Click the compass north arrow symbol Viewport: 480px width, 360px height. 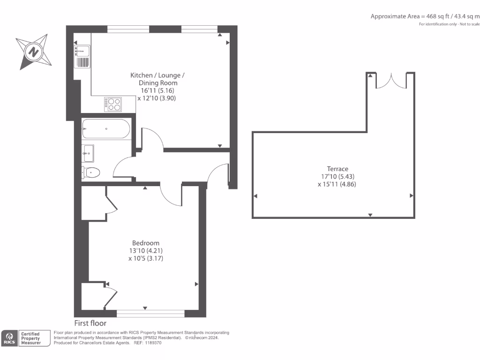pyautogui.click(x=33, y=51)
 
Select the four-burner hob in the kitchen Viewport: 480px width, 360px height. pyautogui.click(x=113, y=104)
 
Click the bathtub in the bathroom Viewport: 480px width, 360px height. pyautogui.click(x=105, y=129)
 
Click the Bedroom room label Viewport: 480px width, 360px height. pyautogui.click(x=145, y=243)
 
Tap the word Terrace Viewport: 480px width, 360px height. pyautogui.click(x=337, y=169)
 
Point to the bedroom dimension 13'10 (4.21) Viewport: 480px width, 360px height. pyautogui.click(x=145, y=251)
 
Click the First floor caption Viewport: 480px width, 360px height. pyautogui.click(x=90, y=323)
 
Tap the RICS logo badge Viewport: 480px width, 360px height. pyautogui.click(x=9, y=338)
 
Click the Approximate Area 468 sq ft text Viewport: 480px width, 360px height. pyautogui.click(x=425, y=16)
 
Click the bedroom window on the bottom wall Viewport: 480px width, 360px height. pyautogui.click(x=150, y=313)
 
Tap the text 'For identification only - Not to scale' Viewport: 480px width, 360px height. pyautogui.click(x=449, y=24)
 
